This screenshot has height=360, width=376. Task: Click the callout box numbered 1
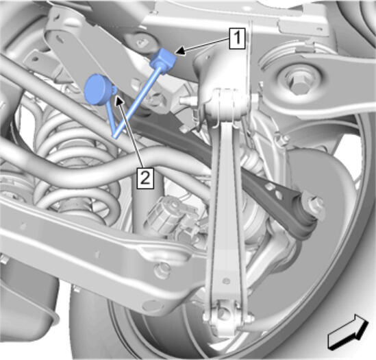tap(237, 38)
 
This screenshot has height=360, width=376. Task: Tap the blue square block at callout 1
tap(163, 58)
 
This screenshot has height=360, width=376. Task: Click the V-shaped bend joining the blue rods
tap(115, 136)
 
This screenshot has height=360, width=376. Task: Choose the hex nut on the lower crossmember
tap(162, 269)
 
